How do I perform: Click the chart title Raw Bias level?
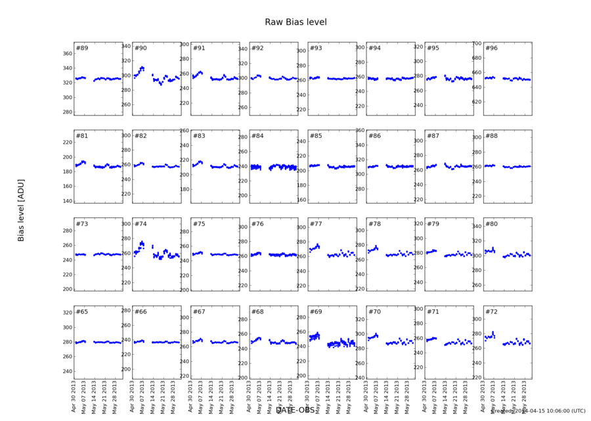click(295, 22)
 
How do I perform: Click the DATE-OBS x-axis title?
click(295, 410)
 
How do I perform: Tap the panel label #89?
click(82, 49)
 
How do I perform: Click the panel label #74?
click(141, 224)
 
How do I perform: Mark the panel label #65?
click(82, 311)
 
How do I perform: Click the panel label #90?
click(141, 49)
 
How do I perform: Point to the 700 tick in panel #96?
click(475, 43)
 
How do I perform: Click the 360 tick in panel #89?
click(66, 54)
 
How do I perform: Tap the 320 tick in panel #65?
click(66, 313)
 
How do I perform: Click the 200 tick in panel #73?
click(66, 289)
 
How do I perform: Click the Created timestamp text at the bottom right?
click(538, 411)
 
